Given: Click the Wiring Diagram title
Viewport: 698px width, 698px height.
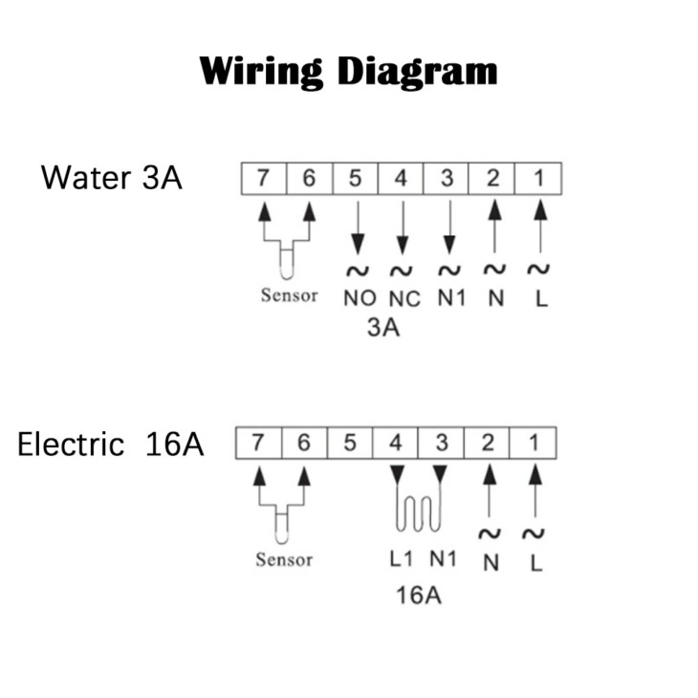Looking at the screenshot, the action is pos(348,72).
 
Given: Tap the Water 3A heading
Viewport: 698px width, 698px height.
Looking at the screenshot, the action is pos(112,178).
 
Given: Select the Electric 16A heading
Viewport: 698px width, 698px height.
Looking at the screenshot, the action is pos(110,444).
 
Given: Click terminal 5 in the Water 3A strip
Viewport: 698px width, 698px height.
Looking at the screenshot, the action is pos(356,179).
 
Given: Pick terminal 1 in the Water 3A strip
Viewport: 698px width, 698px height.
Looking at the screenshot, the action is pos(538,179).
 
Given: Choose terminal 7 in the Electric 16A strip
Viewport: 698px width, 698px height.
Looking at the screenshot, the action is pos(258,443).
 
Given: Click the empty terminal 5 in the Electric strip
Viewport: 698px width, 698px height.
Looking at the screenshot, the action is pos(350,443).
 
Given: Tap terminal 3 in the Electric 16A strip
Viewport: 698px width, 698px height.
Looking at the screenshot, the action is pos(442,443).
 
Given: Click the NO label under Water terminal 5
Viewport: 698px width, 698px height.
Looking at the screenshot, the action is pos(360,298).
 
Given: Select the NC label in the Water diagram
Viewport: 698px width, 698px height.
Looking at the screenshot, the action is pos(404,299).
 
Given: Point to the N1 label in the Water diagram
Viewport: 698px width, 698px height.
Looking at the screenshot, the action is pos(451,297).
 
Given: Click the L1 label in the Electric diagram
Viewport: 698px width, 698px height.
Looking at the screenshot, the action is pos(402,558).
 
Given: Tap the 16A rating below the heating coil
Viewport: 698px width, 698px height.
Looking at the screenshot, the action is pos(419,595).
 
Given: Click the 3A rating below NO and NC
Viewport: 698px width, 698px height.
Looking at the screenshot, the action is pos(383,328).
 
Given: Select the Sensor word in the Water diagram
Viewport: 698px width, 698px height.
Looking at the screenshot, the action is pos(290,295).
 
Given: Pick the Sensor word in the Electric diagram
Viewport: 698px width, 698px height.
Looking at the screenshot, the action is pos(284,559).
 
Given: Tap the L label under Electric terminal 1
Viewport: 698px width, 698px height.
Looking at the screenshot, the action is pos(536,563).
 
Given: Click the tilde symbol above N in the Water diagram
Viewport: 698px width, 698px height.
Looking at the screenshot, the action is pos(494,270).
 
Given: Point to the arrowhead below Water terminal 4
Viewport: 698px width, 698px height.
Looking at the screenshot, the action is pos(403,246).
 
